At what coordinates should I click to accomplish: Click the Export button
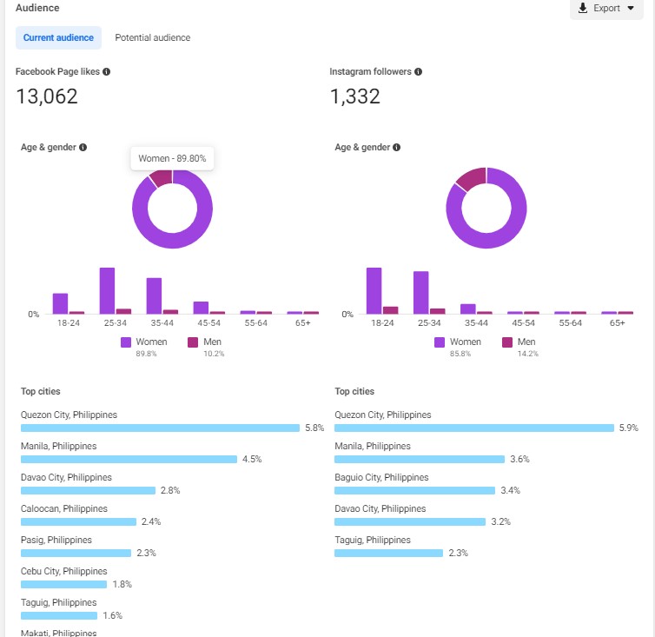tap(606, 9)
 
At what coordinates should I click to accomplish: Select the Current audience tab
tap(58, 38)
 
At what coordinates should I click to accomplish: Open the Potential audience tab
tap(152, 38)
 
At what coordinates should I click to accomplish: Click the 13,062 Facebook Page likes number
tap(47, 96)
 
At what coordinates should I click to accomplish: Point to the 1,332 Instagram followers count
tap(355, 96)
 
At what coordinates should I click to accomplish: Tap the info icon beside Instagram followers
tap(419, 72)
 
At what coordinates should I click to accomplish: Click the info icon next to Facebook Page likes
tap(107, 72)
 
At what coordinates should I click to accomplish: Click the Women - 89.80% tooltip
tap(173, 159)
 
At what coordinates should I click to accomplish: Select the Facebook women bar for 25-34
tap(107, 290)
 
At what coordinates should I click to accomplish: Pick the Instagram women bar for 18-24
tap(374, 290)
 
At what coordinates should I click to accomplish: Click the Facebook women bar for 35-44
tap(154, 295)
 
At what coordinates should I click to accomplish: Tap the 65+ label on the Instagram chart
tap(617, 323)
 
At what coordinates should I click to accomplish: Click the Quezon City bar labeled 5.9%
tap(473, 428)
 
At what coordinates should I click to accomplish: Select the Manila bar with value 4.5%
tap(129, 459)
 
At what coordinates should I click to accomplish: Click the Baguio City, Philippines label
tap(381, 478)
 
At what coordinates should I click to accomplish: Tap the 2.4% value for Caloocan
tap(151, 522)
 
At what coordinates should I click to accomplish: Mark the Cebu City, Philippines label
tap(64, 572)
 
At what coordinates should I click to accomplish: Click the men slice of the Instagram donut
tap(471, 179)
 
